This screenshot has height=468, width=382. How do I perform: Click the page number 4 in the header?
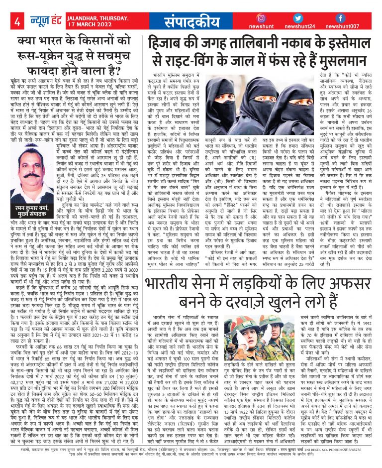(17, 21)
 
